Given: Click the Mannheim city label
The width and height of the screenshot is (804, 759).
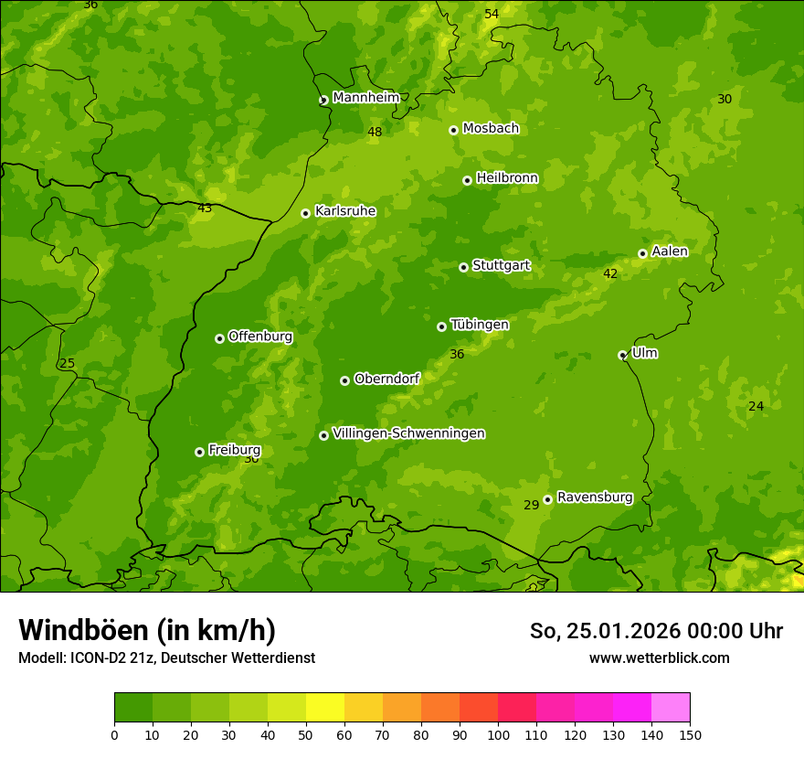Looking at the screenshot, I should click(365, 98).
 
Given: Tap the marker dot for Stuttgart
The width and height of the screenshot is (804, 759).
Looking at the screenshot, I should click(463, 267).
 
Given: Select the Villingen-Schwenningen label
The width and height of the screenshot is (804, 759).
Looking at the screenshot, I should click(408, 433).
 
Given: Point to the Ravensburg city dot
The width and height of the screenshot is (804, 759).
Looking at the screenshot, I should click(547, 499).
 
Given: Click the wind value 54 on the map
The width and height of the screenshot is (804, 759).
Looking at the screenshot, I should click(492, 14).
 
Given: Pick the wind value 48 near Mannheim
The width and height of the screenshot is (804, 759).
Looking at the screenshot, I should click(375, 132).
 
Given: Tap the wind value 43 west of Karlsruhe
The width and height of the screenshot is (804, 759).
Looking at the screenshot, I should click(205, 208).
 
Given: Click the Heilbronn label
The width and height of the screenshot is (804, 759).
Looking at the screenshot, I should click(507, 178).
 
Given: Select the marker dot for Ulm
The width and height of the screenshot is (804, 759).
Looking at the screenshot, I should click(622, 355).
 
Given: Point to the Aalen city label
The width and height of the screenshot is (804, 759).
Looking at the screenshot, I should click(670, 251).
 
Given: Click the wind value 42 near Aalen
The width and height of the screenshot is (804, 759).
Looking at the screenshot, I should click(610, 273).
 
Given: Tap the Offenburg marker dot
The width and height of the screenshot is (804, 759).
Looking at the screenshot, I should click(219, 338).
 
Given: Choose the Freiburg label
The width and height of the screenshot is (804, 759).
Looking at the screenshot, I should click(234, 450).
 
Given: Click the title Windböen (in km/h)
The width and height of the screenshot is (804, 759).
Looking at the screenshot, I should click(146, 630).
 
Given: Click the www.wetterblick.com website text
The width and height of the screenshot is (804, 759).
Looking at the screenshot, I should click(659, 657).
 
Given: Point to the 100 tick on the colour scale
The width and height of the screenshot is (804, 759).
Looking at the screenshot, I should click(498, 734).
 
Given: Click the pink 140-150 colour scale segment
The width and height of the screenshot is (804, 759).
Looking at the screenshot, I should click(671, 708).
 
